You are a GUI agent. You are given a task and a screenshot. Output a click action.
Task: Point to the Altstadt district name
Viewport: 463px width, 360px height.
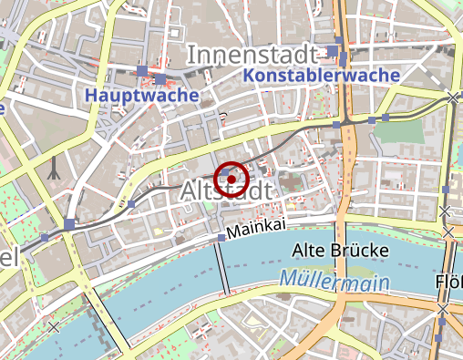pos(227,191)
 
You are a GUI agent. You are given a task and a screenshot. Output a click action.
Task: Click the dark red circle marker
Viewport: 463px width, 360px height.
pos(231,178)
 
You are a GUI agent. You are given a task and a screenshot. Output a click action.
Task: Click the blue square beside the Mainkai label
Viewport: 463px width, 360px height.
pos(221,238)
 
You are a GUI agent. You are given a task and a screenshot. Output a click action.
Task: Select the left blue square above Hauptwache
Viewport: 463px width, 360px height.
pos(141,70)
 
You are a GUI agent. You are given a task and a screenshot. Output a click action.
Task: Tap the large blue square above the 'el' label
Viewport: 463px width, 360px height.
pos(70,224)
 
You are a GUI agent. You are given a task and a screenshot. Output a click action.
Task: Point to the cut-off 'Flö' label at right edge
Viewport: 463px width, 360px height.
pos(449,280)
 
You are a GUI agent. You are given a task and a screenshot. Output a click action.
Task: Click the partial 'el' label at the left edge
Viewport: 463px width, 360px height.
pos(9,258)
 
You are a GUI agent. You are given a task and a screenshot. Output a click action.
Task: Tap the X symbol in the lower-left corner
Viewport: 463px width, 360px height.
pos(55,325)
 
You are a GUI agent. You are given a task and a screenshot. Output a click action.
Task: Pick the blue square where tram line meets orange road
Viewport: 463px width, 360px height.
pos(336,124)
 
